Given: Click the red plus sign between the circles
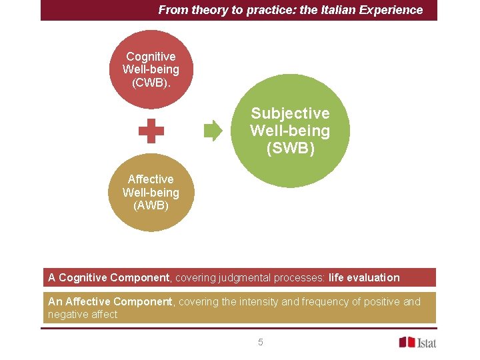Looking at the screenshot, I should (x=151, y=131).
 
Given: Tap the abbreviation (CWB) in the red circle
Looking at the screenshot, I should (x=151, y=83).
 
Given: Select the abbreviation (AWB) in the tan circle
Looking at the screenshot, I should (x=151, y=205).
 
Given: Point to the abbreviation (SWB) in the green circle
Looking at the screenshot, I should (x=290, y=148).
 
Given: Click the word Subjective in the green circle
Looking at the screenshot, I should (x=290, y=113).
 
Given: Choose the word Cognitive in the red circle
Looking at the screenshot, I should (x=151, y=57).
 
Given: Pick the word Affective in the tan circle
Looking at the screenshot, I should (x=151, y=179).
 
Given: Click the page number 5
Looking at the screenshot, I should (x=261, y=342).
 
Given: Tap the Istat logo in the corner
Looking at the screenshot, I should (x=417, y=342).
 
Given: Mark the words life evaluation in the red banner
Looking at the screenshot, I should (x=364, y=277).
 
